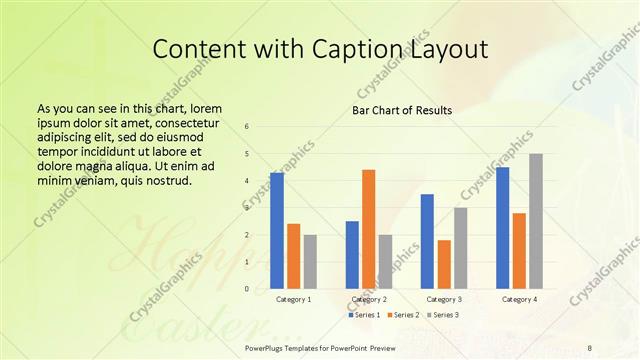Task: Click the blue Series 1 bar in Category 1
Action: click(x=277, y=231)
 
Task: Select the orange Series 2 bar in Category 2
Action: click(x=369, y=229)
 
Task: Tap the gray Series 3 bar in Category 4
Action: click(x=536, y=221)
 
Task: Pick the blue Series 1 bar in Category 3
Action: click(x=427, y=241)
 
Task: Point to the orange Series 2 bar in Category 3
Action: click(x=444, y=264)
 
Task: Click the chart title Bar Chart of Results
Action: click(x=402, y=110)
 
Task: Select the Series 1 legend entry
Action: click(x=364, y=314)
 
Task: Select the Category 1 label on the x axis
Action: click(x=294, y=299)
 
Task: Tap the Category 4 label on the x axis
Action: click(x=519, y=299)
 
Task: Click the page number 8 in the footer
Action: click(x=589, y=350)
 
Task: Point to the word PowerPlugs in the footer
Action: click(x=268, y=350)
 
